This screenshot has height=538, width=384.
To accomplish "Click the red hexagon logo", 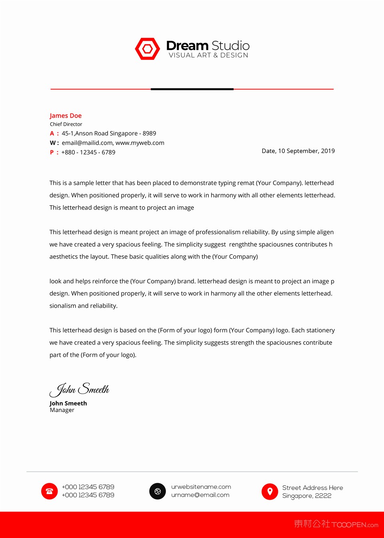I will pyautogui.click(x=148, y=49).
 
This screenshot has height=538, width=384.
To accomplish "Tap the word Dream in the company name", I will pyautogui.click(x=187, y=46).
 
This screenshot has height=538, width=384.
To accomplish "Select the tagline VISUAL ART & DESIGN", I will pyautogui.click(x=208, y=55).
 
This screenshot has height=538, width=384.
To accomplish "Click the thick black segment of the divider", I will pyautogui.click(x=192, y=89).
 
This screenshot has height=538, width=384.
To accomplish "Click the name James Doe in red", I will pyautogui.click(x=66, y=116).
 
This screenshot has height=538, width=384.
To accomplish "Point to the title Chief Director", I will pyautogui.click(x=66, y=124).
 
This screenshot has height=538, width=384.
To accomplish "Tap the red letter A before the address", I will pyautogui.click(x=52, y=134).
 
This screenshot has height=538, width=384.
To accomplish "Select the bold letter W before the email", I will pyautogui.click(x=53, y=143).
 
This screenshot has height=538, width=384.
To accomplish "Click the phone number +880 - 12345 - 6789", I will pyautogui.click(x=88, y=152).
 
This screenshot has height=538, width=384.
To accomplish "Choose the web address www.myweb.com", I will pyautogui.click(x=140, y=143).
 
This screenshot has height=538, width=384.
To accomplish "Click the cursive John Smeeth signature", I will pyautogui.click(x=80, y=389).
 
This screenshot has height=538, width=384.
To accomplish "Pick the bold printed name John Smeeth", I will pyautogui.click(x=68, y=403).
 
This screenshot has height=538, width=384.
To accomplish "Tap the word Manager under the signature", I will pyautogui.click(x=62, y=410).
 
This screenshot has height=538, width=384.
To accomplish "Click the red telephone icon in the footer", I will pyautogui.click(x=50, y=491).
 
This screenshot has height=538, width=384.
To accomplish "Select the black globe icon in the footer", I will pyautogui.click(x=158, y=491).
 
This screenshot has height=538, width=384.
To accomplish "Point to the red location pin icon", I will pyautogui.click(x=270, y=491).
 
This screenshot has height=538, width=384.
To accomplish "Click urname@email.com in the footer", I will pyautogui.click(x=200, y=495).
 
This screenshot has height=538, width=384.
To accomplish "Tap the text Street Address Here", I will pyautogui.click(x=313, y=488).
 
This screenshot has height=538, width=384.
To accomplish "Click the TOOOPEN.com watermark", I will pyautogui.click(x=355, y=525).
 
